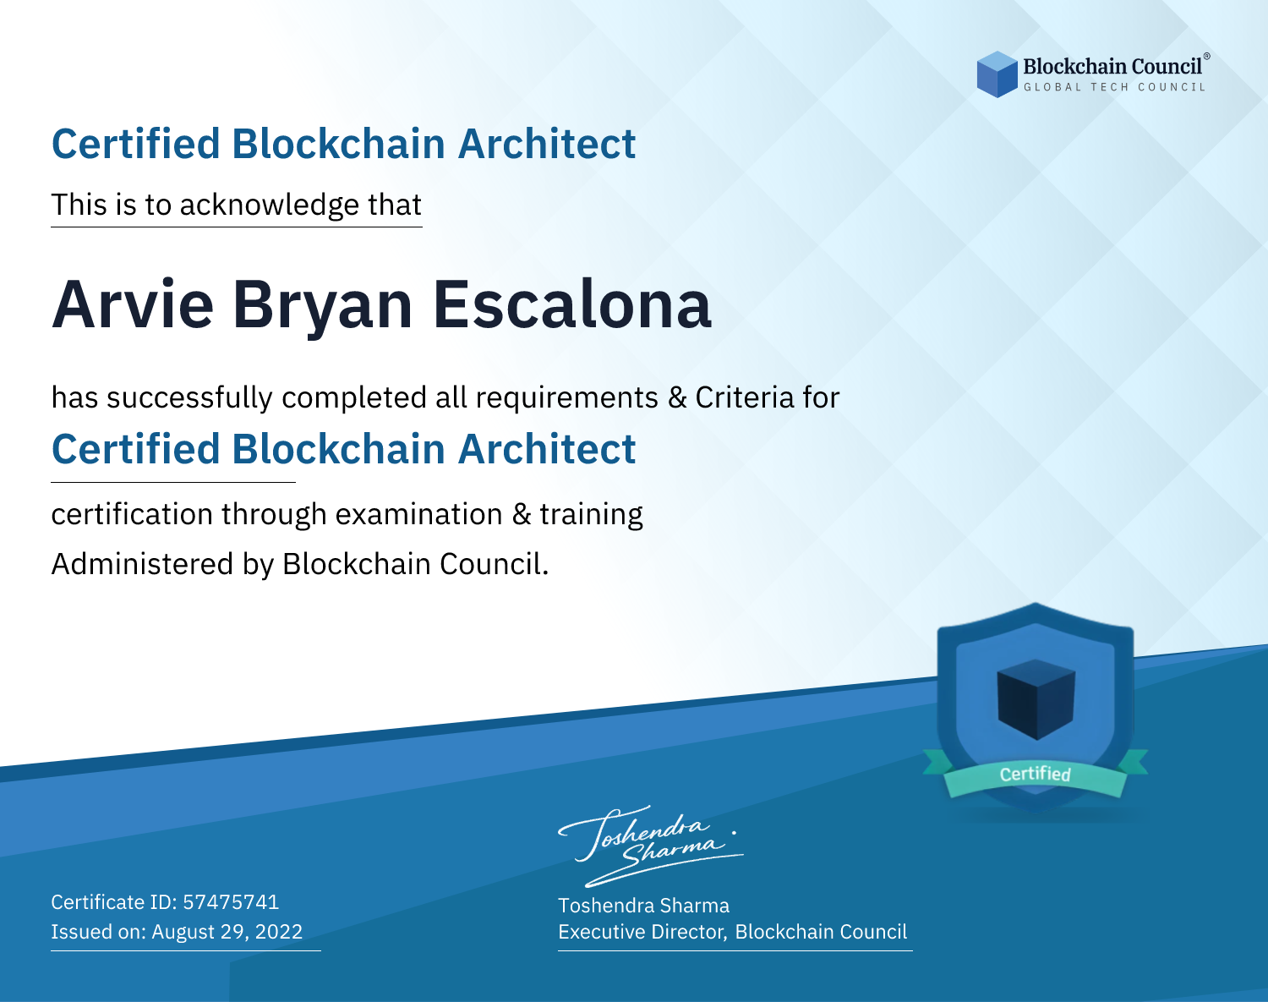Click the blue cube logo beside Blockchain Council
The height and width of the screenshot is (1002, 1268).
997,74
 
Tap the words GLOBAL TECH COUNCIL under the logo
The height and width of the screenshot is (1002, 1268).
1115,87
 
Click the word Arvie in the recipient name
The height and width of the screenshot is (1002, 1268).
133,305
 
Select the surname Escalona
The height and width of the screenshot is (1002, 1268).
572,305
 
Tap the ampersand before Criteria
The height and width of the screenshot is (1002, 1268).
678,398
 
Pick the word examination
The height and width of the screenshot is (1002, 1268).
419,514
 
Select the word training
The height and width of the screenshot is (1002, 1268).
591,515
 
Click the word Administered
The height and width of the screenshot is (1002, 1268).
142,564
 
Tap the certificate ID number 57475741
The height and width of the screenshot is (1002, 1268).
231,902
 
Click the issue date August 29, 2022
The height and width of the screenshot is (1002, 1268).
227,932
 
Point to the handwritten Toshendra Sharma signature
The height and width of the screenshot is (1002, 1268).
651,846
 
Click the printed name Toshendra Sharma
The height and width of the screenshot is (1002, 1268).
643,906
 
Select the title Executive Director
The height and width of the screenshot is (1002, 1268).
642,933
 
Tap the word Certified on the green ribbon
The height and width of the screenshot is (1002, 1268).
1036,774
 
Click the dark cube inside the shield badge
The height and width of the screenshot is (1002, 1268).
1036,699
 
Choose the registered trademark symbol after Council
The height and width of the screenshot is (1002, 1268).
1207,57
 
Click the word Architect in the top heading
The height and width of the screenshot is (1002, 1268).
547,145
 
